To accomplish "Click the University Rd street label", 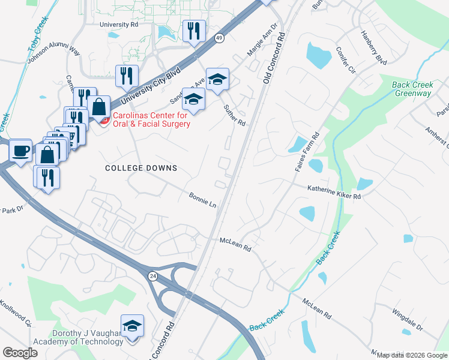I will (120, 25).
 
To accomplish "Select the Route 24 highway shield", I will (153, 275).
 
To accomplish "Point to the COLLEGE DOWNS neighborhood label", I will (141, 168).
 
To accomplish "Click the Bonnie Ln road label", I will (202, 200).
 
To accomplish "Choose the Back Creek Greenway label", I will (412, 89).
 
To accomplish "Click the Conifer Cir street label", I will (347, 60).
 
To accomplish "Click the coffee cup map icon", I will (21, 150).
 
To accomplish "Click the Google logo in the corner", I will (20, 352).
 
